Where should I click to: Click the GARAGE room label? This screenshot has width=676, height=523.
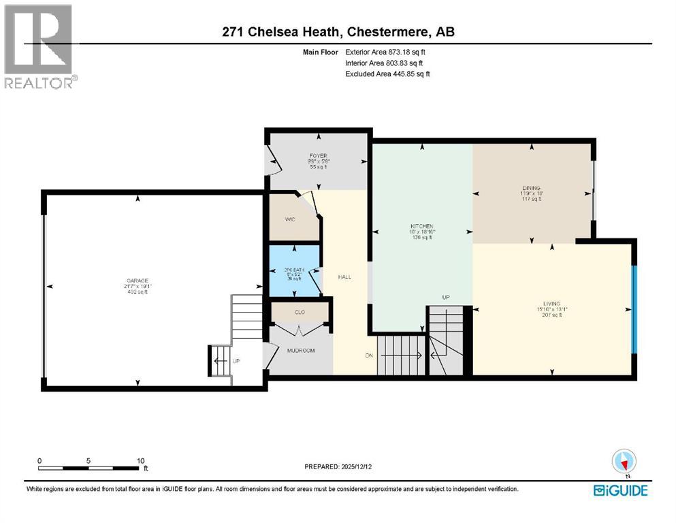pyautogui.click(x=137, y=281)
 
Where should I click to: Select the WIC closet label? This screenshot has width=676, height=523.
pyautogui.click(x=289, y=220)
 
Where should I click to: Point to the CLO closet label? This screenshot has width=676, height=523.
pyautogui.click(x=300, y=312)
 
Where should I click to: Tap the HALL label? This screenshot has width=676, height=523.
pyautogui.click(x=345, y=277)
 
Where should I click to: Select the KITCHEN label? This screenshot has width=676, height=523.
pyautogui.click(x=422, y=227)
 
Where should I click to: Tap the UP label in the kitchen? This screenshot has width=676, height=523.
pyautogui.click(x=445, y=297)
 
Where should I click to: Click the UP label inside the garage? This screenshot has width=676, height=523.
pyautogui.click(x=236, y=361)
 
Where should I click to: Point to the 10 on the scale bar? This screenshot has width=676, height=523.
pyautogui.click(x=140, y=460)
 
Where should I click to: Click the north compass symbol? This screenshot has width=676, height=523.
pyautogui.click(x=623, y=462)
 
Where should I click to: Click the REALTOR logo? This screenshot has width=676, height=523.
pyautogui.click(x=40, y=48)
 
